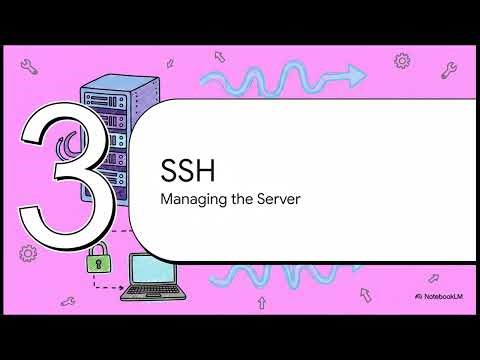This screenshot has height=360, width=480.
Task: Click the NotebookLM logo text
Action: tap(443, 297)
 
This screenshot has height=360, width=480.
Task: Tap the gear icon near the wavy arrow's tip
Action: tap(402, 61)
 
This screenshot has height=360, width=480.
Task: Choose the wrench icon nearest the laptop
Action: tap(68, 299)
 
